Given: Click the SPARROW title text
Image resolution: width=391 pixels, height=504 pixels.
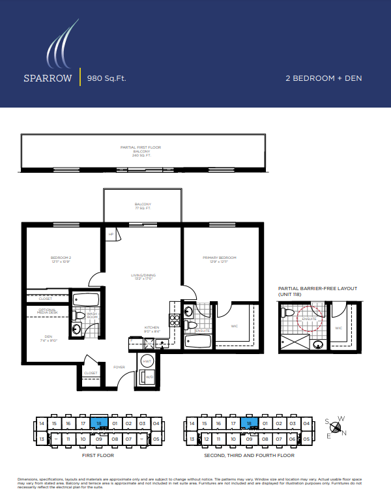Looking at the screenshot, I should click(x=48, y=78).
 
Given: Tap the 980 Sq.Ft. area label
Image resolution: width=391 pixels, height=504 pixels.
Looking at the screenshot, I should click(x=102, y=78).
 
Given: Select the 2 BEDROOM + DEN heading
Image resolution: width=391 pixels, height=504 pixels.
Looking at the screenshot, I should click(x=323, y=78).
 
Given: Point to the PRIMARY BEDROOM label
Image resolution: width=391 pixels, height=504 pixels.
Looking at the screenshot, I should click(x=219, y=259).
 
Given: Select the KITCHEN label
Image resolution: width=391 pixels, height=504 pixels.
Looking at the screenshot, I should click(x=152, y=329).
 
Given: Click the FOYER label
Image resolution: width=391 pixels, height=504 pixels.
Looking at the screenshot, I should click(x=119, y=367).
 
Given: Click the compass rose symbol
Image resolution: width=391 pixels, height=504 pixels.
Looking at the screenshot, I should click(x=336, y=428).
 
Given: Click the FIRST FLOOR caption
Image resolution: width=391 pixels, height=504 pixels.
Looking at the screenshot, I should click(x=99, y=455).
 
